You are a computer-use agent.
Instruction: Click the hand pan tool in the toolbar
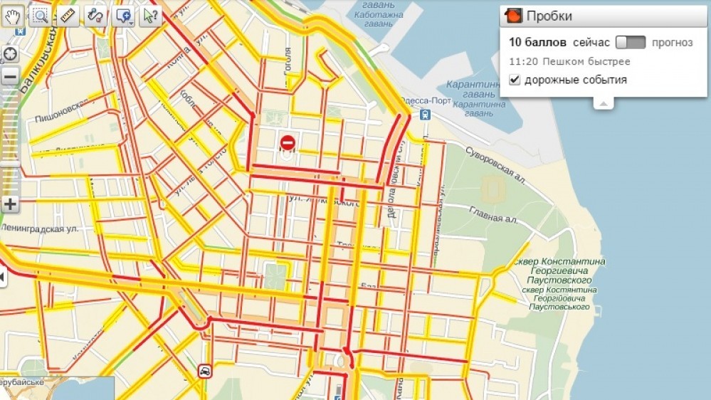pos(12,16)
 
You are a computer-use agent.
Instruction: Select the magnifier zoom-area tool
pos(41,16)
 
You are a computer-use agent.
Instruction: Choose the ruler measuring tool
pos(68,16)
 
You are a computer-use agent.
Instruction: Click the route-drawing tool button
pos(95,16)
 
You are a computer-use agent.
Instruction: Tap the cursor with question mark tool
pos(150,16)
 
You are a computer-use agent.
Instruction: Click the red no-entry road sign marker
pos(288,143)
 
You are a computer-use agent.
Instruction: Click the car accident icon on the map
pos(204,371)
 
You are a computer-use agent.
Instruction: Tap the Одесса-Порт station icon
pos(425,114)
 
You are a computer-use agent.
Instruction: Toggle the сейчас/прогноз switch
pos(631,43)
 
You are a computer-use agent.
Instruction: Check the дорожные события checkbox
pos(515,80)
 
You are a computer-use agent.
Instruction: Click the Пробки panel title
pos(549,16)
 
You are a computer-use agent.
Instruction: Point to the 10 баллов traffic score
pos(537,43)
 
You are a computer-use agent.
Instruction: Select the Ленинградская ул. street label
pos(41,229)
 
